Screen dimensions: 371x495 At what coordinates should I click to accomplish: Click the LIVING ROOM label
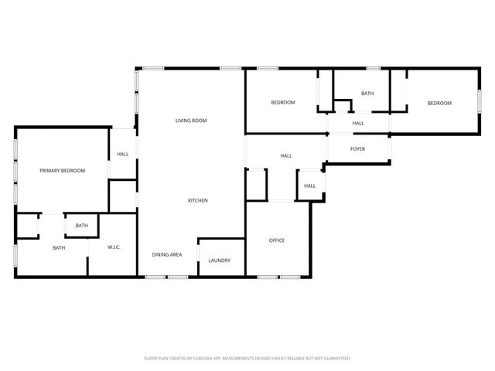[191, 121]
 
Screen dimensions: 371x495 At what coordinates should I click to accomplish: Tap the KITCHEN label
[198, 201]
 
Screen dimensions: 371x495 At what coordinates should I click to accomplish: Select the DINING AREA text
[167, 254]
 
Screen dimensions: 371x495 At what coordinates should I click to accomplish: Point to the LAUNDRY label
[219, 260]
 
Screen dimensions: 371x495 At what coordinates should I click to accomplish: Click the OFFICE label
[277, 240]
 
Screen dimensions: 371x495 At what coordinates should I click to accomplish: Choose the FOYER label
[357, 148]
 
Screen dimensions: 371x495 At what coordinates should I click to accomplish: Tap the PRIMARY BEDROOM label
[63, 170]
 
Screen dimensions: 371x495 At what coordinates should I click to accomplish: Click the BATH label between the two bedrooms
[367, 94]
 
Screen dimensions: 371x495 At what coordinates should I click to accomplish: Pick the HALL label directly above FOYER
[358, 124]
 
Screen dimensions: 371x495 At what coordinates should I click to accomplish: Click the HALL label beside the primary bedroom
[123, 154]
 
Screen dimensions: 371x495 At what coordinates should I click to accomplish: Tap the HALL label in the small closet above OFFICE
[309, 186]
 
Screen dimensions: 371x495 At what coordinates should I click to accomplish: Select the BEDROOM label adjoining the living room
[282, 103]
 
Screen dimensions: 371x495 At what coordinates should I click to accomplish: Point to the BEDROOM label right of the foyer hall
[439, 103]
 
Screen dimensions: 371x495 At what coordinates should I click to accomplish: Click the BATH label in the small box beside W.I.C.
[82, 226]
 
